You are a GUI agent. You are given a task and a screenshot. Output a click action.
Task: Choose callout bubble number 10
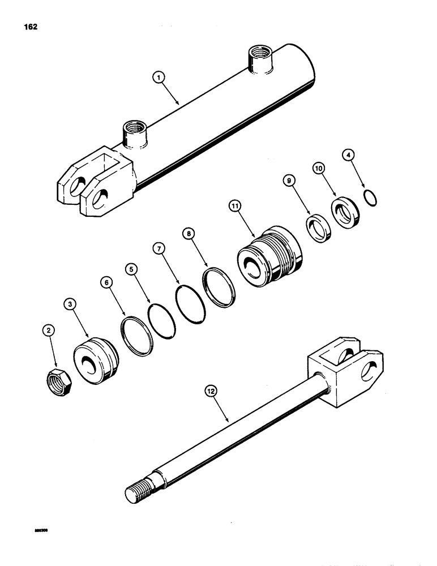(318, 168)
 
